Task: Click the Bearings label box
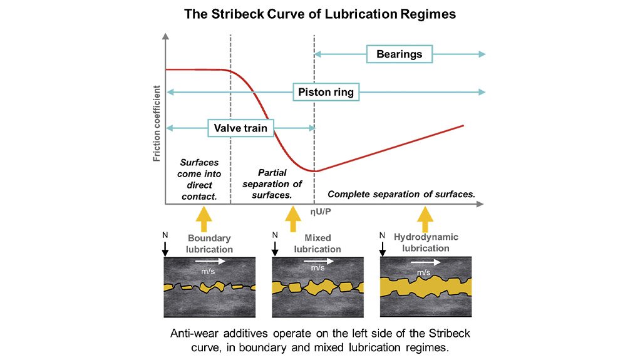(x=399, y=54)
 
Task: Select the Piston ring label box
(x=326, y=92)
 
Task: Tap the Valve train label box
(x=240, y=128)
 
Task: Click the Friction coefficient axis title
(x=157, y=124)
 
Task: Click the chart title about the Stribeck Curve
(x=319, y=14)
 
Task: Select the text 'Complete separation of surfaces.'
(x=401, y=194)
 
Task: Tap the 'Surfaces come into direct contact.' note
(x=199, y=180)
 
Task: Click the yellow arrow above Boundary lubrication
(x=204, y=220)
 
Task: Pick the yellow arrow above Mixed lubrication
(x=292, y=220)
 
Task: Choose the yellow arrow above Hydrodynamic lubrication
(x=425, y=219)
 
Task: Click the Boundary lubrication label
(x=210, y=244)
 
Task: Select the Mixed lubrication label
(x=317, y=244)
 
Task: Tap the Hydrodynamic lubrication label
(x=426, y=242)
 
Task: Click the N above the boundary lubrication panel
(x=165, y=236)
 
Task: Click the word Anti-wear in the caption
(x=194, y=333)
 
